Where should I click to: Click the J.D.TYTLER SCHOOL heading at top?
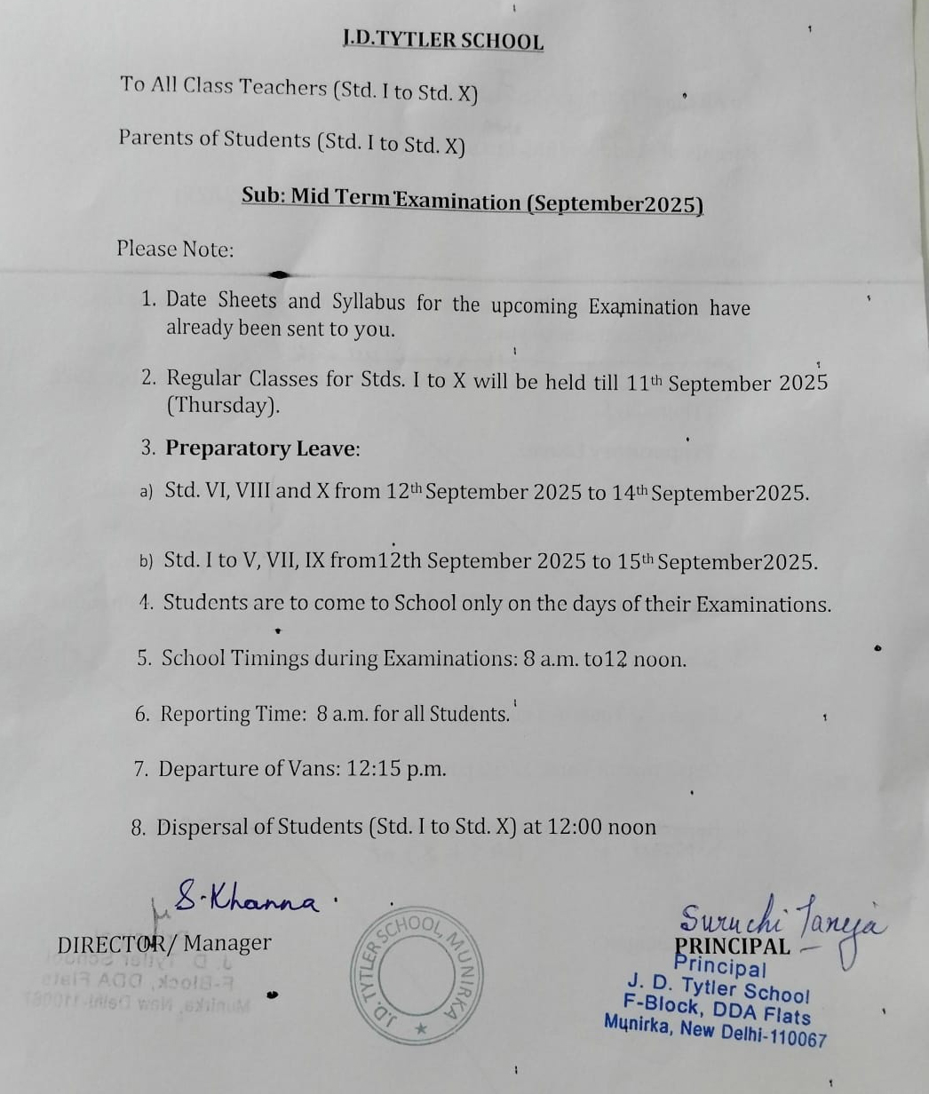pyautogui.click(x=442, y=40)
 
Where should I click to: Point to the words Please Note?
pyautogui.click(x=175, y=249)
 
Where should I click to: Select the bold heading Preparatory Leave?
pyautogui.click(x=260, y=448)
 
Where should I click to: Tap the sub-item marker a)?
pyautogui.click(x=146, y=492)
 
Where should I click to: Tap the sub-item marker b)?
pyautogui.click(x=146, y=561)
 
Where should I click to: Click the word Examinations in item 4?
pyautogui.click(x=763, y=606)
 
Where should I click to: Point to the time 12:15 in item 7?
pyautogui.click(x=375, y=769)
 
